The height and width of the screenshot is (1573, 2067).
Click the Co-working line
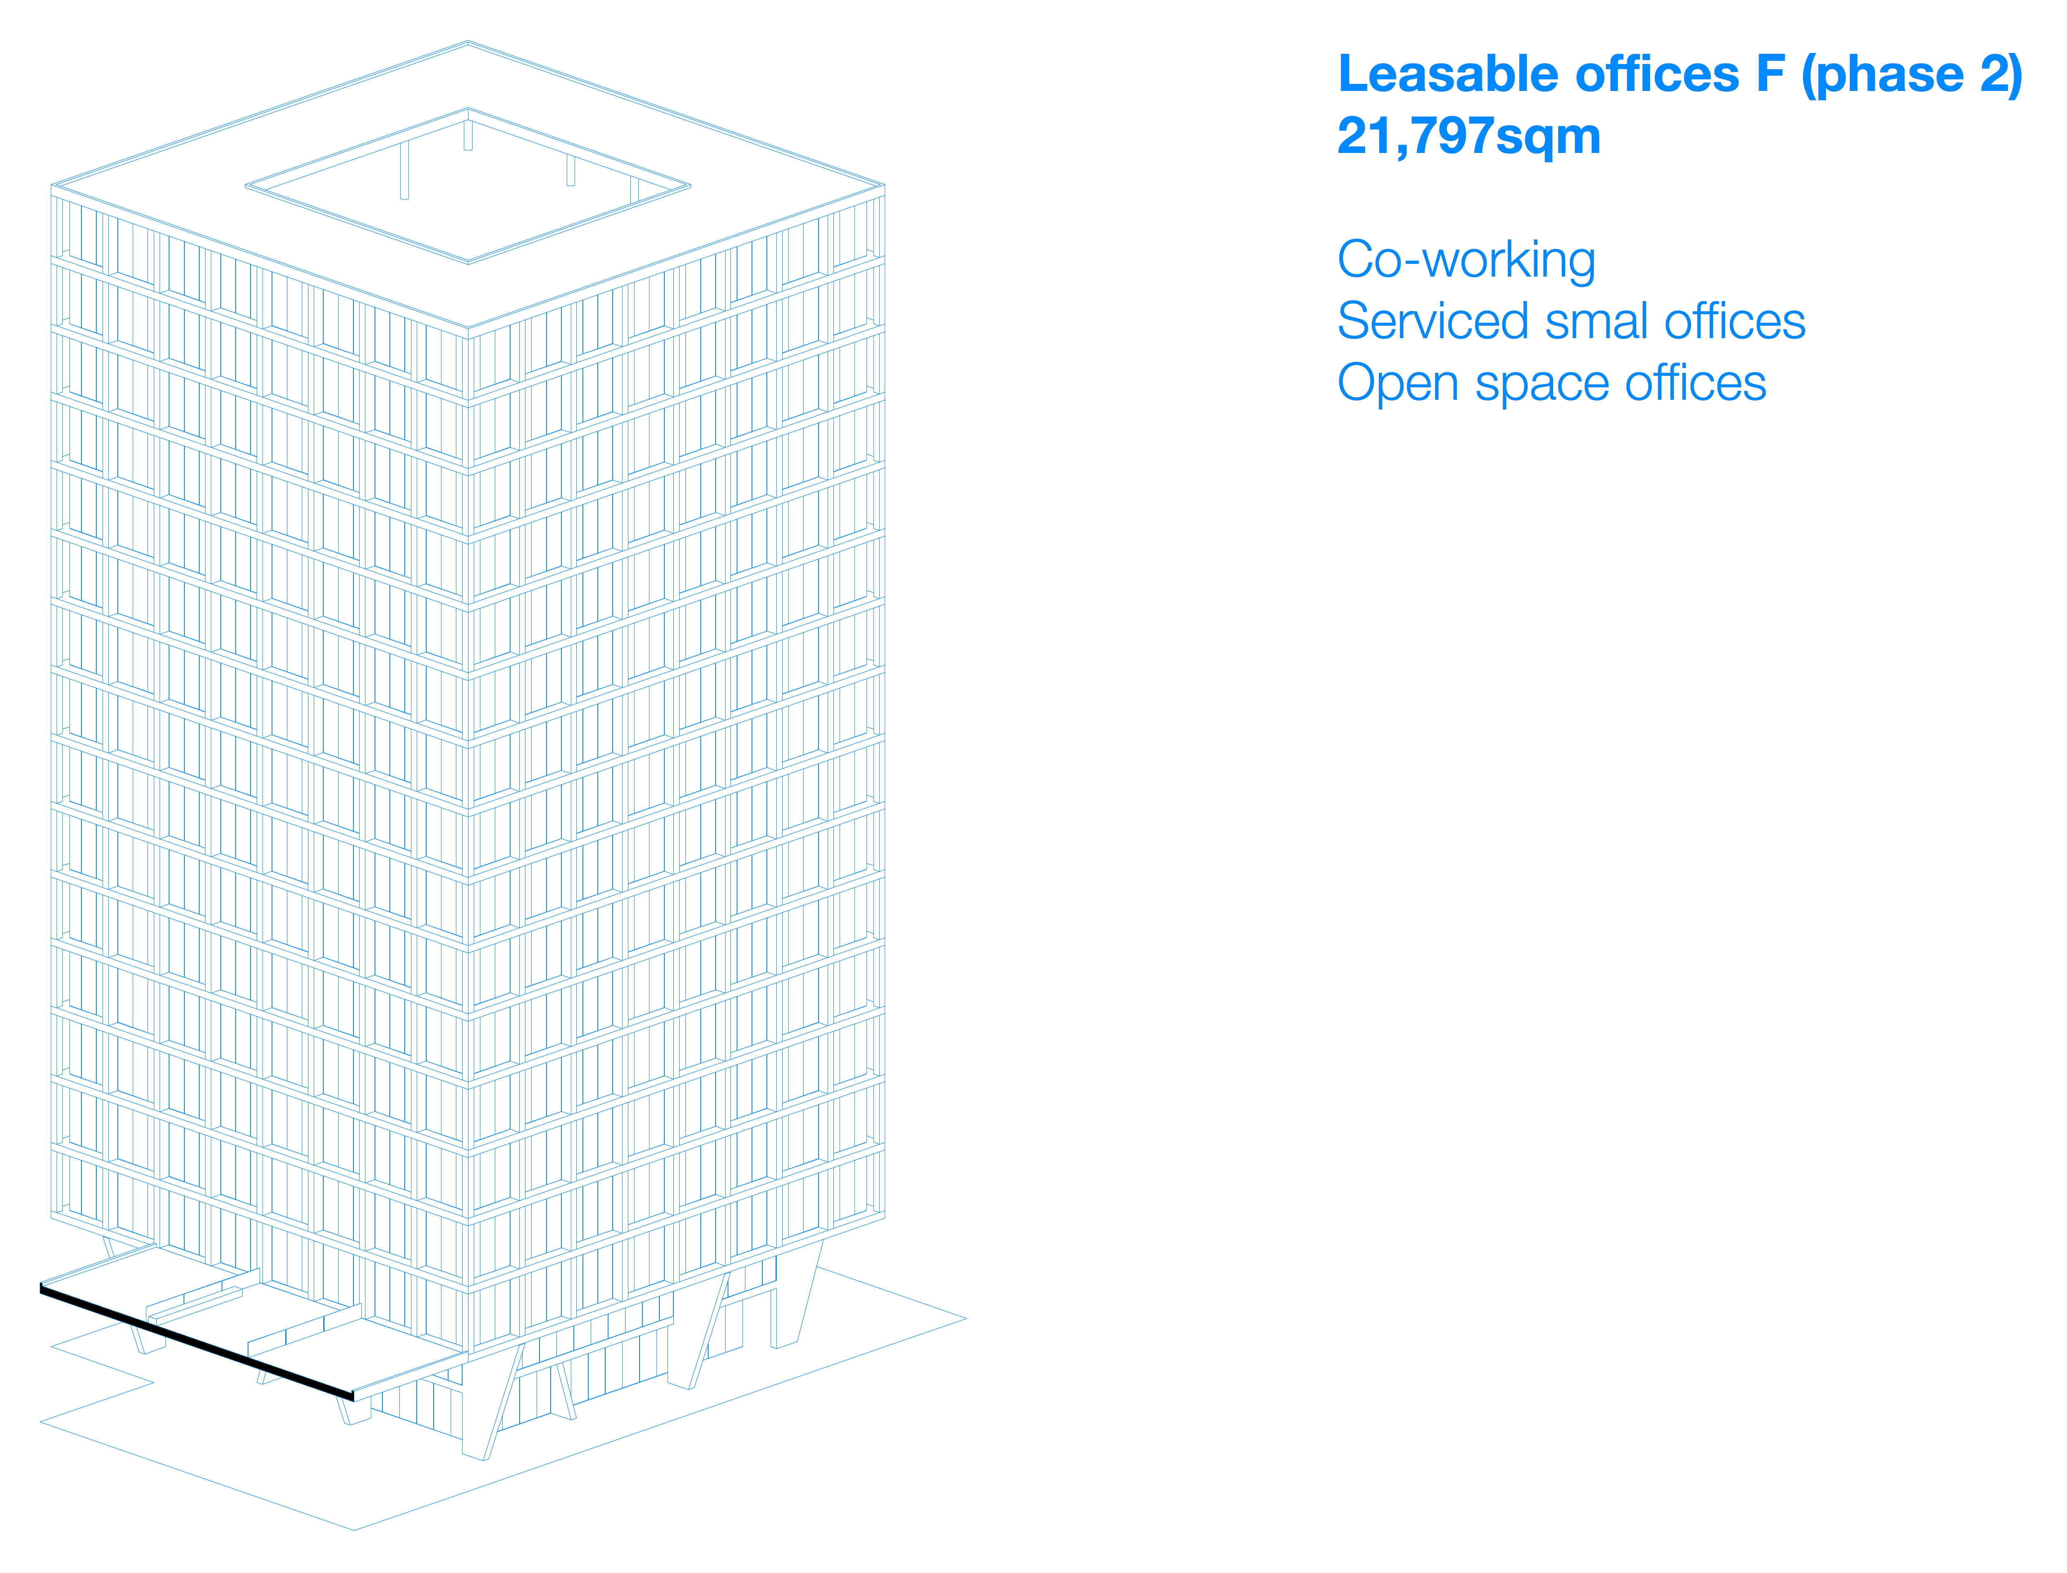click(1466, 260)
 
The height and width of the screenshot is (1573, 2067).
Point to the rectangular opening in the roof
click(468, 187)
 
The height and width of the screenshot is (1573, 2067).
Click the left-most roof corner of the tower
click(53, 185)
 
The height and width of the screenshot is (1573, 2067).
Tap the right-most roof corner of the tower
click(884, 185)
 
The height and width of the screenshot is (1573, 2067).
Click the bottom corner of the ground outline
click(354, 1530)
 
